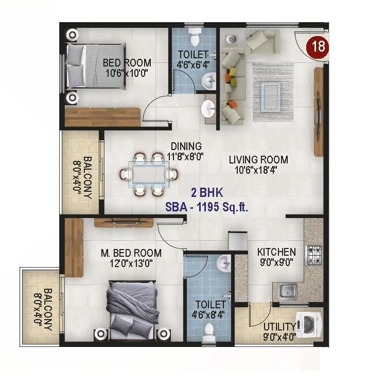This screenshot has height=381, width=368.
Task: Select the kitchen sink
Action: point(289,291)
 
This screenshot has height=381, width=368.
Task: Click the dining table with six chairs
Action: point(147,174)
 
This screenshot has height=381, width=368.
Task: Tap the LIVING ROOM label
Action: point(258,160)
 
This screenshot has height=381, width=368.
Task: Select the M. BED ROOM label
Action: point(131,253)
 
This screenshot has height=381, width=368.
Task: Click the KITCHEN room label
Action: point(276,252)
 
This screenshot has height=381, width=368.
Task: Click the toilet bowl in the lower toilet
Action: point(209,329)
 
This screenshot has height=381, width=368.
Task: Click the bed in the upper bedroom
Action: point(95,67)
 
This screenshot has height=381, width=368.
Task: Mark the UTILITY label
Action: point(279,327)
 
